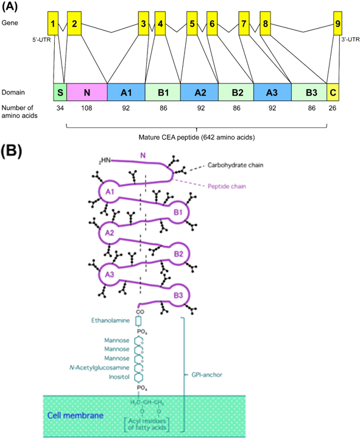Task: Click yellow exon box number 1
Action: click(54, 24)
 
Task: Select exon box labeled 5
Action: click(192, 24)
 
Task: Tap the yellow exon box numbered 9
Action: click(338, 24)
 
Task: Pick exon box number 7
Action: click(244, 24)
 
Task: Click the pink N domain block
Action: click(87, 93)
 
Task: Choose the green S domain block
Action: click(60, 93)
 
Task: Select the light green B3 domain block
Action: click(310, 93)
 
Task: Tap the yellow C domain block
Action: click(333, 93)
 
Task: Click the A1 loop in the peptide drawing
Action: click(110, 192)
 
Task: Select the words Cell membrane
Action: click(75, 417)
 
